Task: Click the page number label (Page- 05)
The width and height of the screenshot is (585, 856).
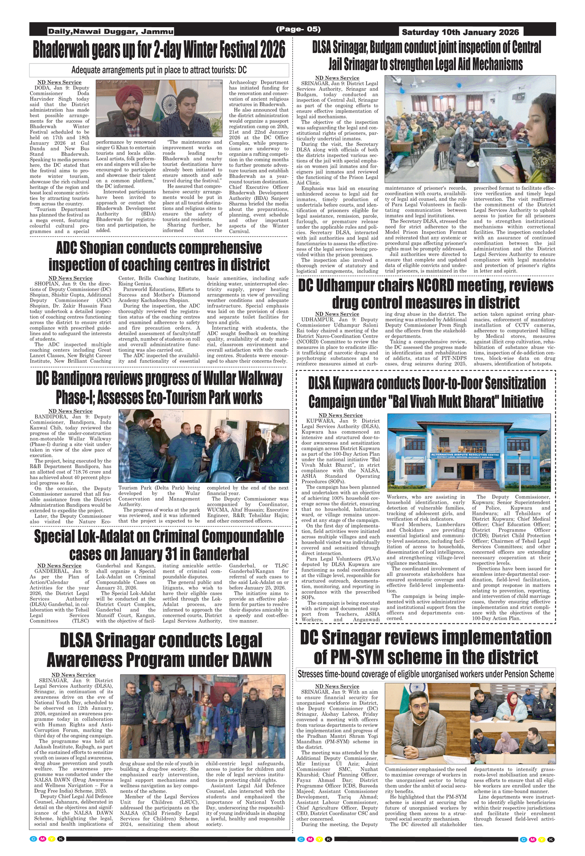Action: [298, 29]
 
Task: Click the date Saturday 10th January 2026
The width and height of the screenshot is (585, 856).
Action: [460, 32]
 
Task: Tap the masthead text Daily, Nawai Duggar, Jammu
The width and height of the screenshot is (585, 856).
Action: [111, 32]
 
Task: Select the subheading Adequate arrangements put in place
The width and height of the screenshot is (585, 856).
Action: [159, 70]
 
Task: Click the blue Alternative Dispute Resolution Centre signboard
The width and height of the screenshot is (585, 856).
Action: [464, 455]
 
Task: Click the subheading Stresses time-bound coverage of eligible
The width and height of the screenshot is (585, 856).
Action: [425, 674]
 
